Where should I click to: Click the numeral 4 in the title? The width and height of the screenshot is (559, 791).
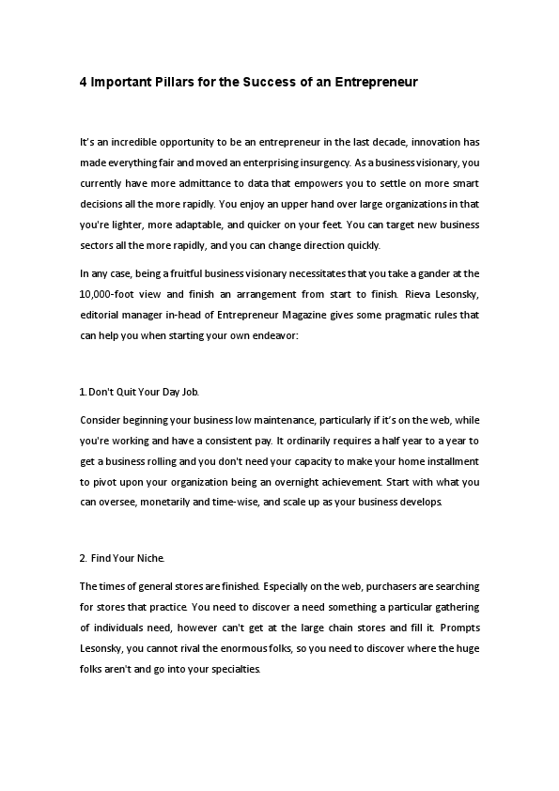pos(84,82)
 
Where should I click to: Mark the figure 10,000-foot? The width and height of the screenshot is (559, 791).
pos(111,293)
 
